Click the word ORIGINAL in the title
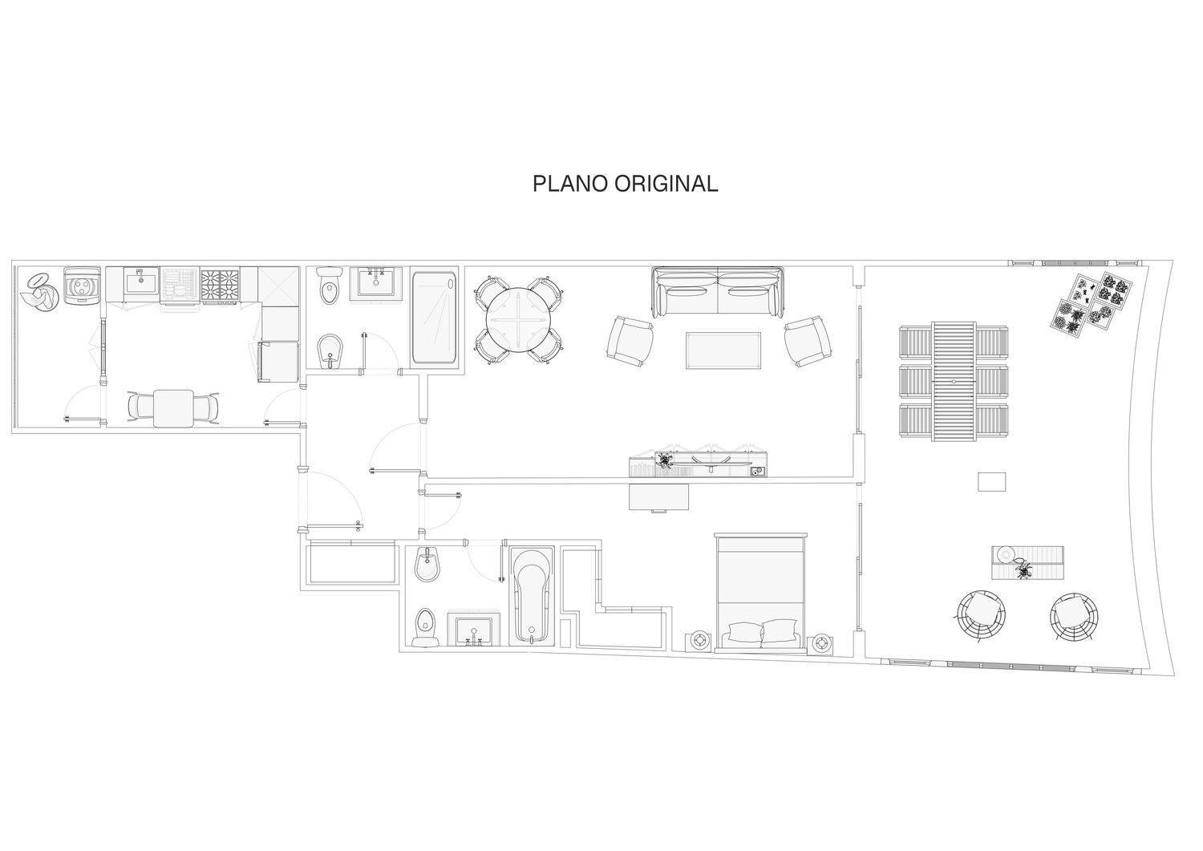(x=666, y=184)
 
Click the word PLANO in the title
(x=570, y=184)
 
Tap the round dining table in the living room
(x=518, y=320)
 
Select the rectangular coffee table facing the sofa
(x=723, y=351)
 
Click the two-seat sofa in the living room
(x=718, y=292)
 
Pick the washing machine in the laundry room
(x=82, y=286)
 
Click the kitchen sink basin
(x=141, y=281)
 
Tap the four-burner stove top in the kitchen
(x=220, y=285)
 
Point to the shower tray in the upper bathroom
(x=434, y=317)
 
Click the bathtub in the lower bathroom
(x=531, y=596)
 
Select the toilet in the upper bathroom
(x=329, y=285)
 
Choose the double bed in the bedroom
(x=760, y=593)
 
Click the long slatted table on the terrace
(x=954, y=382)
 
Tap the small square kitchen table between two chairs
(x=173, y=408)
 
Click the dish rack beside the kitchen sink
(x=180, y=285)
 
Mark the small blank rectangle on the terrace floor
(x=991, y=481)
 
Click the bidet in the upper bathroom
(x=329, y=352)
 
